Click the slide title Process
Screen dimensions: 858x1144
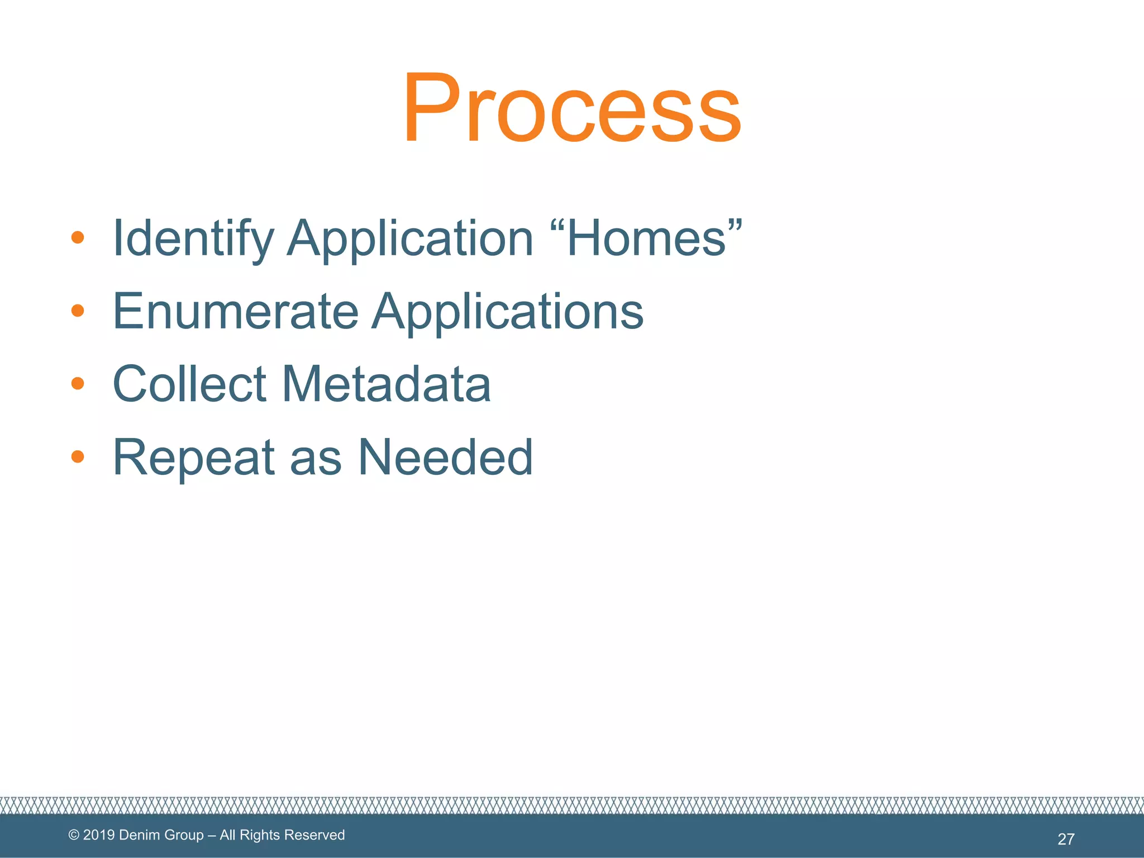point(572,107)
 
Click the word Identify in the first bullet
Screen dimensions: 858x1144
point(193,239)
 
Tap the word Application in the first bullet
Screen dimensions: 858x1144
point(410,239)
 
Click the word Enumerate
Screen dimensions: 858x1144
point(235,312)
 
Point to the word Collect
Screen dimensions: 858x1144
point(190,384)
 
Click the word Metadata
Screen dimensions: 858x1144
point(386,384)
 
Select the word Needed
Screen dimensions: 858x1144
point(445,458)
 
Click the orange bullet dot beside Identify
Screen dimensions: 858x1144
point(78,238)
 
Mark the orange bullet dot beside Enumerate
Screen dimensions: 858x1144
point(78,311)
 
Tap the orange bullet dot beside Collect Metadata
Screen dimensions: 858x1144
point(78,383)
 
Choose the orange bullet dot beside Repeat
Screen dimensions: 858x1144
point(78,457)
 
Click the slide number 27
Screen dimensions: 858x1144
point(1066,839)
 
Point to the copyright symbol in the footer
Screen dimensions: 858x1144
point(74,835)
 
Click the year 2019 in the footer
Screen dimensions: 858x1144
point(99,835)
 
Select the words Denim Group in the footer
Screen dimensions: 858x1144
point(161,835)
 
